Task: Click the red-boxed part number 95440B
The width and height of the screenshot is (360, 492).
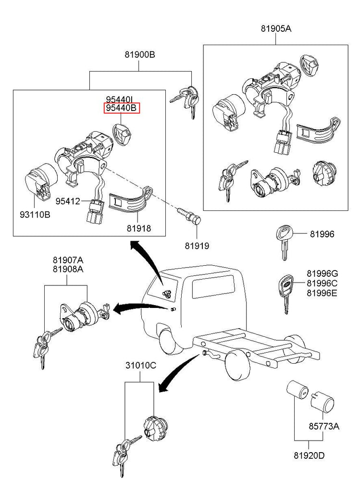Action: (x=122, y=108)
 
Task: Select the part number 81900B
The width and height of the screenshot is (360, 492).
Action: (x=139, y=54)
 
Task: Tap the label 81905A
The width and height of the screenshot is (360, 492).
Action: (x=276, y=29)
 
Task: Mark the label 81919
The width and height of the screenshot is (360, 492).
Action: (x=197, y=246)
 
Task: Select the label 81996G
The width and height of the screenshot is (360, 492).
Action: (x=323, y=273)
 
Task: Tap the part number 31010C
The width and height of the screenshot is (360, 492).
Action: (x=141, y=365)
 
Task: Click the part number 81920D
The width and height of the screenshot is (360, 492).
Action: (x=309, y=455)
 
